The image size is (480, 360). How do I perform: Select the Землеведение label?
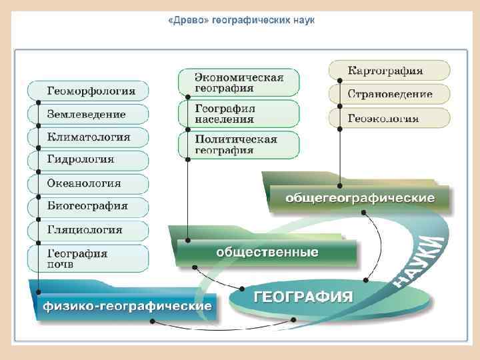tap(86, 114)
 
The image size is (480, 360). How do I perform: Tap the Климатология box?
tap(88, 137)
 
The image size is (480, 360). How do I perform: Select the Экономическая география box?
tap(239, 82)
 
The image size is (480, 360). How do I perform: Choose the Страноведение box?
tap(390, 94)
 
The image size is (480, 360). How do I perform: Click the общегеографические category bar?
tap(359, 199)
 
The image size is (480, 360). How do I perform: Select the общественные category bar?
tap(267, 253)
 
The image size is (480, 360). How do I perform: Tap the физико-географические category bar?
tap(127, 306)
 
